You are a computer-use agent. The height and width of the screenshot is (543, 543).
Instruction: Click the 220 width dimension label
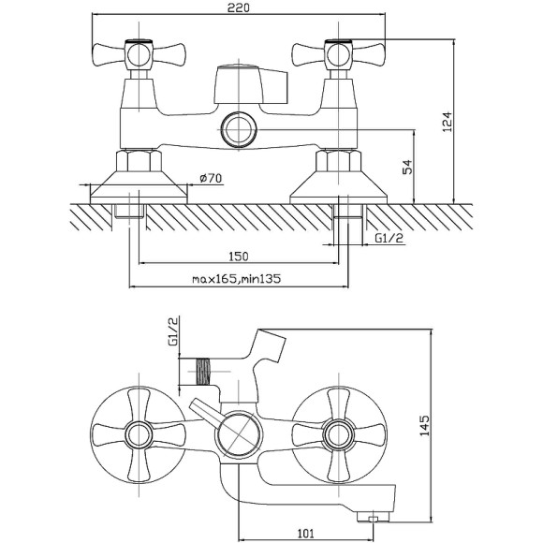238,7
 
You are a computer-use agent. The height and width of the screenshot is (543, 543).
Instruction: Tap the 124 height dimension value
448,122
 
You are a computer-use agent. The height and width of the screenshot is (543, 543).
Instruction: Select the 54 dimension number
408,167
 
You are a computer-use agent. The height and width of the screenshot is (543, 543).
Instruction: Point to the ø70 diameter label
211,178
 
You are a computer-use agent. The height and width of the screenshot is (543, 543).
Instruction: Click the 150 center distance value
239,257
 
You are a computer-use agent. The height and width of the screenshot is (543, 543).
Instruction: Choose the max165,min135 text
237,279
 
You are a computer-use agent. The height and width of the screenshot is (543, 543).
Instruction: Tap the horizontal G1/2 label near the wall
389,238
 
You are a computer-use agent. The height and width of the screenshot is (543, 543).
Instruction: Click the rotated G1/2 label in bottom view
173,330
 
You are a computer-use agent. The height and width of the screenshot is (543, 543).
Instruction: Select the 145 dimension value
424,426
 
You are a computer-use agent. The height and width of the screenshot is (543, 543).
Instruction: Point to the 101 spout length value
305,534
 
